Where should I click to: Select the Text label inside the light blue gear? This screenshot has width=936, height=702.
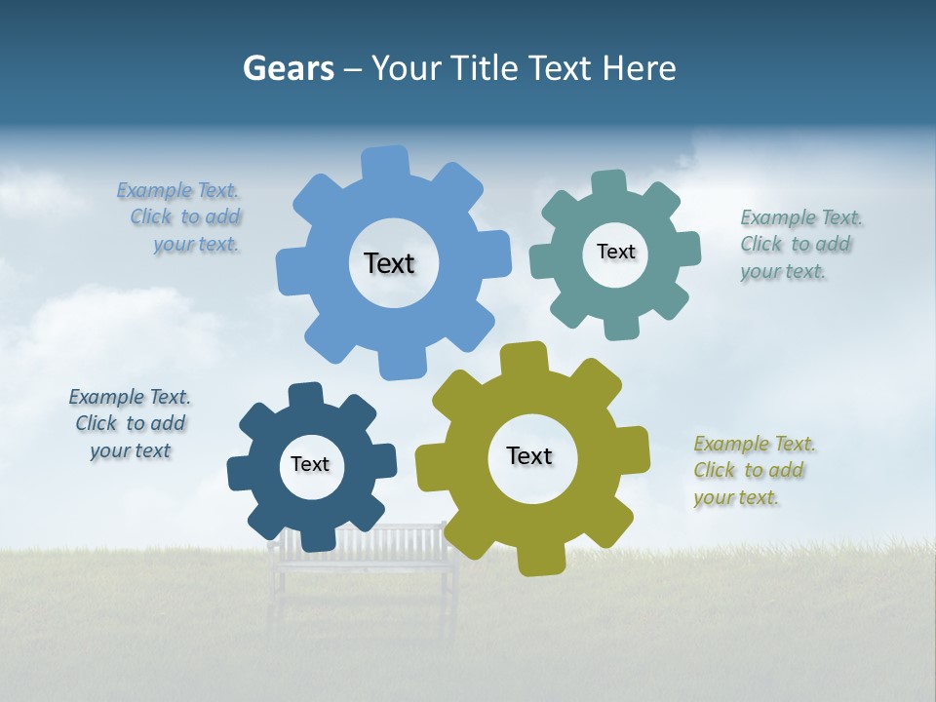pyautogui.click(x=389, y=263)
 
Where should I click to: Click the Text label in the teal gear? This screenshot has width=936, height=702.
pyautogui.click(x=615, y=252)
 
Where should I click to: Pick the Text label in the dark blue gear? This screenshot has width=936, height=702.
pyautogui.click(x=310, y=464)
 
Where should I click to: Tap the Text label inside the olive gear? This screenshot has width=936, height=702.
pyautogui.click(x=529, y=455)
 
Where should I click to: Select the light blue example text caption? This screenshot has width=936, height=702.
pyautogui.click(x=180, y=217)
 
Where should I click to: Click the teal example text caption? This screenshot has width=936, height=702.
pyautogui.click(x=799, y=244)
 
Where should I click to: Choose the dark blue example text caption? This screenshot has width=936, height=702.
pyautogui.click(x=131, y=423)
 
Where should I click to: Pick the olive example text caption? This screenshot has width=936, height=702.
pyautogui.click(x=754, y=470)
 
